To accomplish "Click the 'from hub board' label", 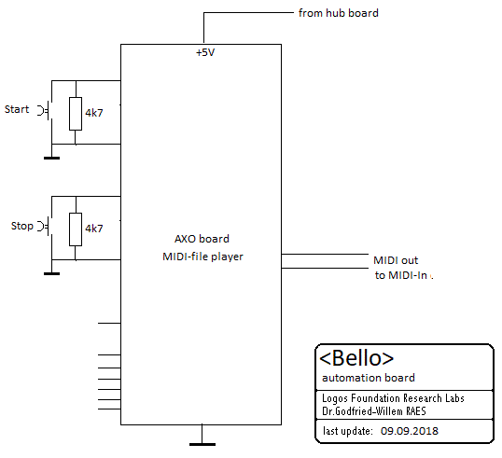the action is [339, 13].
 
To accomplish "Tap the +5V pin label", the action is [205, 52].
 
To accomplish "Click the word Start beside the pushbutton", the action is [17, 109].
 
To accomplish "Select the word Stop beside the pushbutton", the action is [22, 226].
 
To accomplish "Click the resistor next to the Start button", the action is [76, 114].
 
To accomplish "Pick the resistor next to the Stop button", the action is [76, 229].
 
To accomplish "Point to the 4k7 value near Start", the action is [94, 113].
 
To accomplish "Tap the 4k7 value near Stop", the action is [94, 229].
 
